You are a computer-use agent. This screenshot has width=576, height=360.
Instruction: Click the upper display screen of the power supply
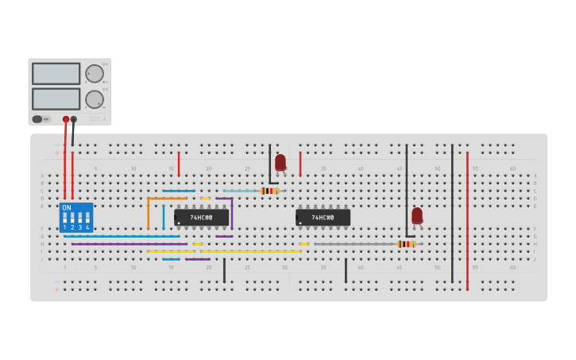tap(56, 74)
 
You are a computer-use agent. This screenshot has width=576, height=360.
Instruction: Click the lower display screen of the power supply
tap(56, 99)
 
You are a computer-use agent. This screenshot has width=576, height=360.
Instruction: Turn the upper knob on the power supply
tap(95, 74)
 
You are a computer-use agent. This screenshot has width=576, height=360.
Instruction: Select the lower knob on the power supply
tap(95, 99)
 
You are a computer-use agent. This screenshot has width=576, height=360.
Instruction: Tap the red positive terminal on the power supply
tap(66, 119)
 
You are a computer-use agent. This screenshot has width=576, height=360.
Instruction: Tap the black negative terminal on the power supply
tap(74, 119)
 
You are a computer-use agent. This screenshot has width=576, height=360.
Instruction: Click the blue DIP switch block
tap(76, 217)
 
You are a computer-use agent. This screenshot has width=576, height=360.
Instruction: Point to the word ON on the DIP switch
tap(67, 207)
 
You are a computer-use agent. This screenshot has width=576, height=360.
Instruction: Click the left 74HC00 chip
tap(202, 217)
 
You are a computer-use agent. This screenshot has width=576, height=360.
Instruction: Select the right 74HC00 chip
tap(323, 217)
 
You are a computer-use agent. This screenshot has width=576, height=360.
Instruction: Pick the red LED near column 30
tap(280, 162)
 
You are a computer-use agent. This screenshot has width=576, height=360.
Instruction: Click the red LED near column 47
tap(417, 215)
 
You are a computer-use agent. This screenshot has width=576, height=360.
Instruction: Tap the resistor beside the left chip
tap(269, 191)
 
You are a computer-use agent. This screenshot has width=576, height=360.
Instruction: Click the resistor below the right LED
tap(406, 244)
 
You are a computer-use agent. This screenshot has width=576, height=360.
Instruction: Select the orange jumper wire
tap(149, 211)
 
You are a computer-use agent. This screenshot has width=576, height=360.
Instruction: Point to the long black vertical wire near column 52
tap(452, 215)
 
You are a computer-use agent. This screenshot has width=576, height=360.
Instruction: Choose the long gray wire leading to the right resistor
tap(354, 244)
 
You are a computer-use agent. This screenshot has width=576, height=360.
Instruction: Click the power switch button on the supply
tap(37, 119)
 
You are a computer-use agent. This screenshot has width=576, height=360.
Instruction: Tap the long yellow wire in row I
tap(250, 252)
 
